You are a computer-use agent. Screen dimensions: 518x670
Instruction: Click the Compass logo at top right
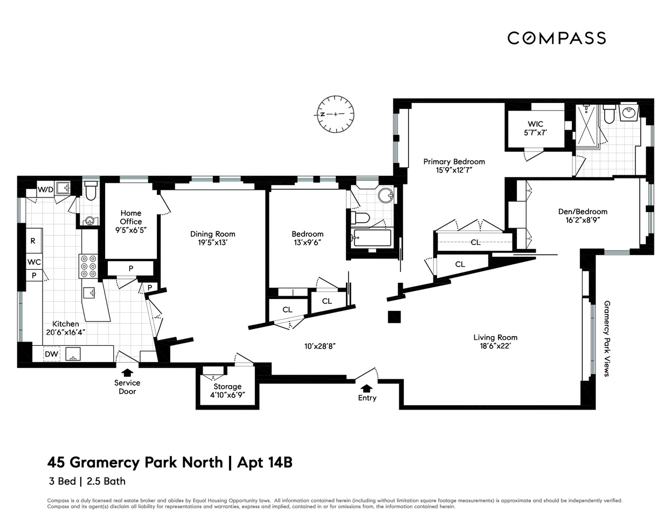(556, 38)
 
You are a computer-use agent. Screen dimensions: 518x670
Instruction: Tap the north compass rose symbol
(335, 114)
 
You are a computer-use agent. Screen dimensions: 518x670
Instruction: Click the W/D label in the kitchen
(45, 189)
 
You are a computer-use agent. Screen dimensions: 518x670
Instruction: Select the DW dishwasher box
(52, 354)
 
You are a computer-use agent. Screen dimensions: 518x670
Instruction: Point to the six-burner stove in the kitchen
(88, 266)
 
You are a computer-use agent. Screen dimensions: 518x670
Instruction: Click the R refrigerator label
(33, 241)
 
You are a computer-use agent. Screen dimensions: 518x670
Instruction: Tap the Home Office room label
(131, 217)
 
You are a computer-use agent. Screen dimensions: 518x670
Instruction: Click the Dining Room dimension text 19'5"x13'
(212, 243)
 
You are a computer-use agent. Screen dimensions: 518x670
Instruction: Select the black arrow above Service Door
(127, 372)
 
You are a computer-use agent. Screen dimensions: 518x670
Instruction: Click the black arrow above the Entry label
(367, 388)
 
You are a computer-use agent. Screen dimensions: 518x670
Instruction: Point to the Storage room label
(227, 386)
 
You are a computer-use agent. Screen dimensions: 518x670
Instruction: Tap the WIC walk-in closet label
(535, 124)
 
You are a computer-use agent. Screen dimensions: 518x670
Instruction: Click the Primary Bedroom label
(454, 161)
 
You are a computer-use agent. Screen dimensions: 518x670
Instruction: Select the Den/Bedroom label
(583, 212)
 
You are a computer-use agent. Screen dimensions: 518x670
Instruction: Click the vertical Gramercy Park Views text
(606, 338)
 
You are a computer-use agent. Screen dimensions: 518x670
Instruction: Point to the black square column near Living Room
(395, 317)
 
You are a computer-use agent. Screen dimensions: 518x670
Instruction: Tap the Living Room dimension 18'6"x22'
(495, 346)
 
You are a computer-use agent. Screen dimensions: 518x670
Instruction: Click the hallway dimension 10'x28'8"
(322, 346)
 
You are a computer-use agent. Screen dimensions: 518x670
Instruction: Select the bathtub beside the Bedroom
(372, 237)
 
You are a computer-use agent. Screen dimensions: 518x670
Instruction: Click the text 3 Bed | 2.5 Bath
(87, 481)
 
